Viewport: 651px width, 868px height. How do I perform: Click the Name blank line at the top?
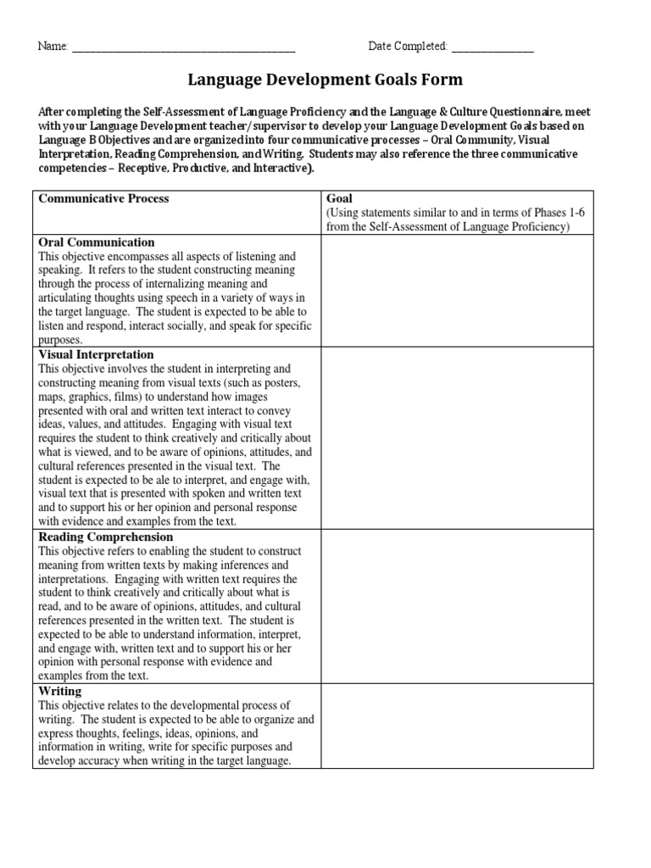click(x=183, y=47)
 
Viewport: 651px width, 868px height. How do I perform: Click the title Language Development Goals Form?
click(x=325, y=81)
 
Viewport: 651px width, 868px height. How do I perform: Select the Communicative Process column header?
click(x=102, y=198)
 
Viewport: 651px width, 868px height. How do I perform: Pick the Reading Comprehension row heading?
click(x=106, y=537)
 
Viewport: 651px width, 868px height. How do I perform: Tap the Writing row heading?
click(x=58, y=691)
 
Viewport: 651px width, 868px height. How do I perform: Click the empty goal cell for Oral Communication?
click(x=457, y=291)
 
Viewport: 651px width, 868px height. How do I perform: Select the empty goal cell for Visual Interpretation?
click(x=457, y=438)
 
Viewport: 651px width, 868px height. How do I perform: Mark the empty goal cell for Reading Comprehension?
click(x=457, y=606)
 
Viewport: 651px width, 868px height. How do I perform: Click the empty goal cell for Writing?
click(x=457, y=726)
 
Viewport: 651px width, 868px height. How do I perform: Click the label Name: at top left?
click(x=53, y=47)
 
